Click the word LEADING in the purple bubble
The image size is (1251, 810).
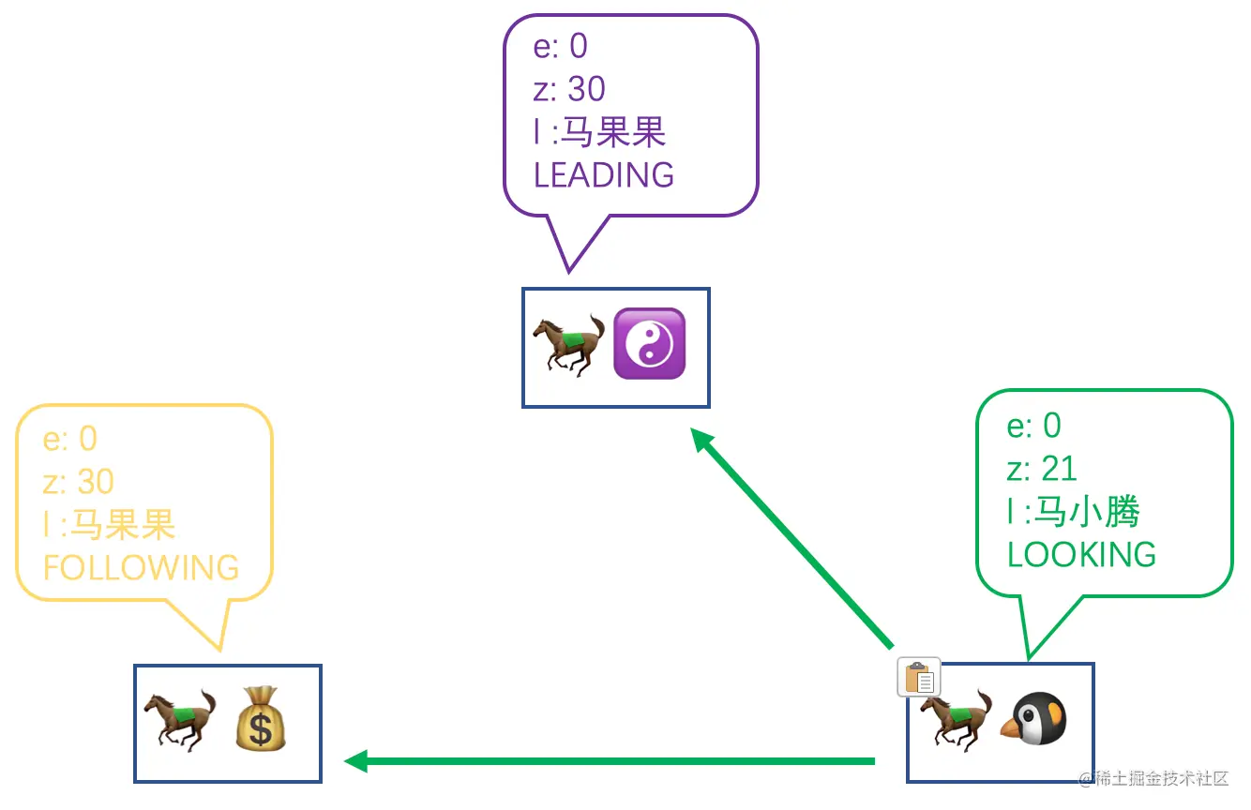tap(603, 175)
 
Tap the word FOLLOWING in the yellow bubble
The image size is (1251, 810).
tap(141, 568)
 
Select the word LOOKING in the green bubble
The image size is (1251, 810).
tap(1081, 555)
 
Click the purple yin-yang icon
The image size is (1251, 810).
tap(649, 344)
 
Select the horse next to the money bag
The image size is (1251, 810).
tap(179, 720)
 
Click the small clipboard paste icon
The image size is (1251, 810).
tap(919, 677)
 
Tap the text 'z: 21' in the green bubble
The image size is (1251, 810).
tap(1042, 469)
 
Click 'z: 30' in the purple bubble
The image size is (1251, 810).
tap(569, 89)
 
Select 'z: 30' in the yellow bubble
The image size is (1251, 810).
tap(79, 482)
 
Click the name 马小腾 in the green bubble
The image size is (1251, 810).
tap(1085, 512)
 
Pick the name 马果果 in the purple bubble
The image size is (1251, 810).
tap(612, 132)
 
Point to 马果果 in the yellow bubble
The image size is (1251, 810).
tap(123, 525)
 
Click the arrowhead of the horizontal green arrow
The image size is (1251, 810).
tap(355, 761)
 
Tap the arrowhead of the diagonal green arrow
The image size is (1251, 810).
tap(700, 438)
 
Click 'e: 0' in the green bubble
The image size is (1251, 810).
tap(1033, 426)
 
